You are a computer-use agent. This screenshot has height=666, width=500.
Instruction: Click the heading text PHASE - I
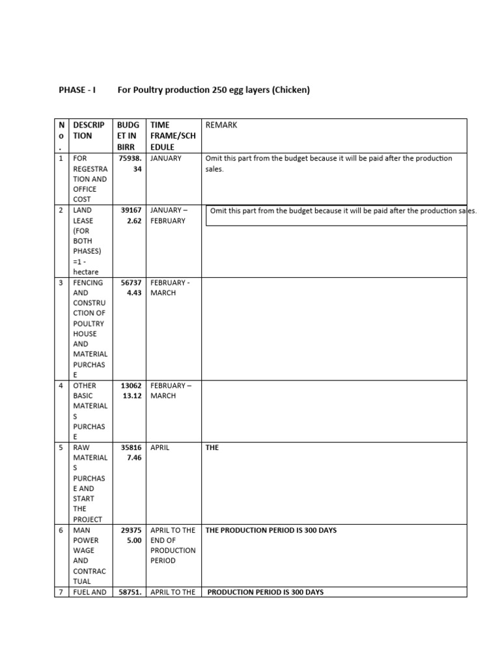pyautogui.click(x=77, y=90)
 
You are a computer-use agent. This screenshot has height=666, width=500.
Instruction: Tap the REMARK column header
pyautogui.click(x=221, y=125)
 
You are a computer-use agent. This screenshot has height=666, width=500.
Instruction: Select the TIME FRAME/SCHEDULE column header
pyautogui.click(x=173, y=135)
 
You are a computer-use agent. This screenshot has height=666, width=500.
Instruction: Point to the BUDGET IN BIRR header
pyautogui.click(x=129, y=135)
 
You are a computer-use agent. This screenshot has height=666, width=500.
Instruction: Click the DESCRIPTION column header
pyautogui.click(x=90, y=130)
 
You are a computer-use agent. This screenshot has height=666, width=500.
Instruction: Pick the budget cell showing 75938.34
pyautogui.click(x=129, y=163)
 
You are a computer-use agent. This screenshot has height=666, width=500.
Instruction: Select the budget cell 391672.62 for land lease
pyautogui.click(x=129, y=215)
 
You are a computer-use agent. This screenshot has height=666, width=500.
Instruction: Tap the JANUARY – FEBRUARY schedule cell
pyautogui.click(x=168, y=215)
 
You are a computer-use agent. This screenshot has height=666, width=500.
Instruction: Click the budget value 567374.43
pyautogui.click(x=129, y=287)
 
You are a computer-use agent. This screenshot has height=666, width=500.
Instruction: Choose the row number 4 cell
pyautogui.click(x=61, y=386)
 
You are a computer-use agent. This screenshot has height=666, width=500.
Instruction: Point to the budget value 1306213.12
pyautogui.click(x=129, y=390)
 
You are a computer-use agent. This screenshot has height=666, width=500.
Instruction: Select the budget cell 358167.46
pyautogui.click(x=129, y=453)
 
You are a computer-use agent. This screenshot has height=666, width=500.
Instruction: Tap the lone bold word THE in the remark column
pyautogui.click(x=212, y=447)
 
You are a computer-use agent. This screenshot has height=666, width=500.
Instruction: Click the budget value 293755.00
pyautogui.click(x=129, y=535)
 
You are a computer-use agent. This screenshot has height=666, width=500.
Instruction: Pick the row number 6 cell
pyautogui.click(x=61, y=530)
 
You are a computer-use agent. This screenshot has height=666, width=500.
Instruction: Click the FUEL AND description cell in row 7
pyautogui.click(x=90, y=592)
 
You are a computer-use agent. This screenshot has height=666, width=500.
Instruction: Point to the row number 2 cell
pyautogui.click(x=61, y=210)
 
